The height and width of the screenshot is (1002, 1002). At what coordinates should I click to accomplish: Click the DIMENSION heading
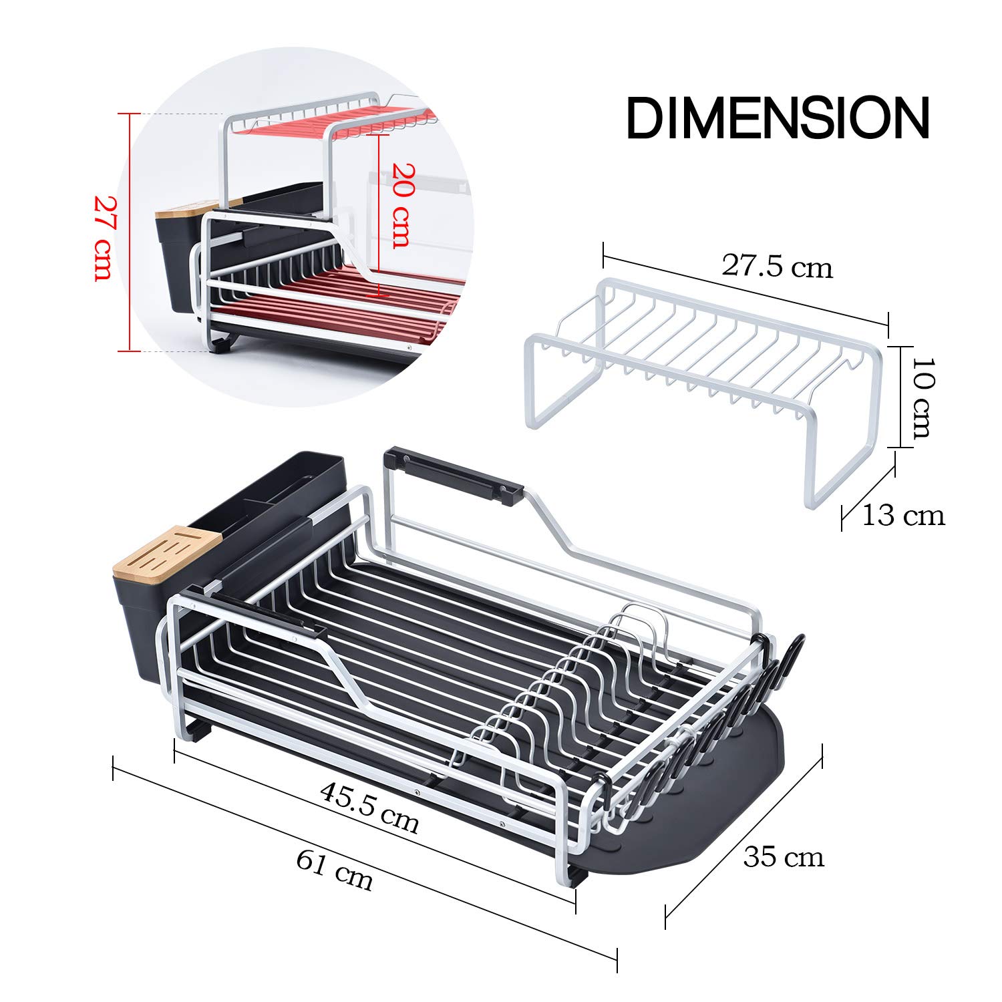[778, 119]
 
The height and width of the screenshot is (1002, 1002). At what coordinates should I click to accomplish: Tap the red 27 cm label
[104, 238]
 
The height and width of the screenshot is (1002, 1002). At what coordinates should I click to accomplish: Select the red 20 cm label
[401, 205]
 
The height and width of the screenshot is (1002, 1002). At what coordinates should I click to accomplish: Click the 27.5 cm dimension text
[777, 267]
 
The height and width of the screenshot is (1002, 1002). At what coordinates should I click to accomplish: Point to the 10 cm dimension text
[922, 397]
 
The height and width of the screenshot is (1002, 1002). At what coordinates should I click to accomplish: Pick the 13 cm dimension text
[903, 516]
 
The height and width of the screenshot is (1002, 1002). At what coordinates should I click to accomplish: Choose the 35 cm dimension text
[784, 857]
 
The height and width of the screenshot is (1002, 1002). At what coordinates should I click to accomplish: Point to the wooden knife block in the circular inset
[180, 208]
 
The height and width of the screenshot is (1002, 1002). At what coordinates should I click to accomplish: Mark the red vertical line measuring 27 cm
[130, 232]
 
